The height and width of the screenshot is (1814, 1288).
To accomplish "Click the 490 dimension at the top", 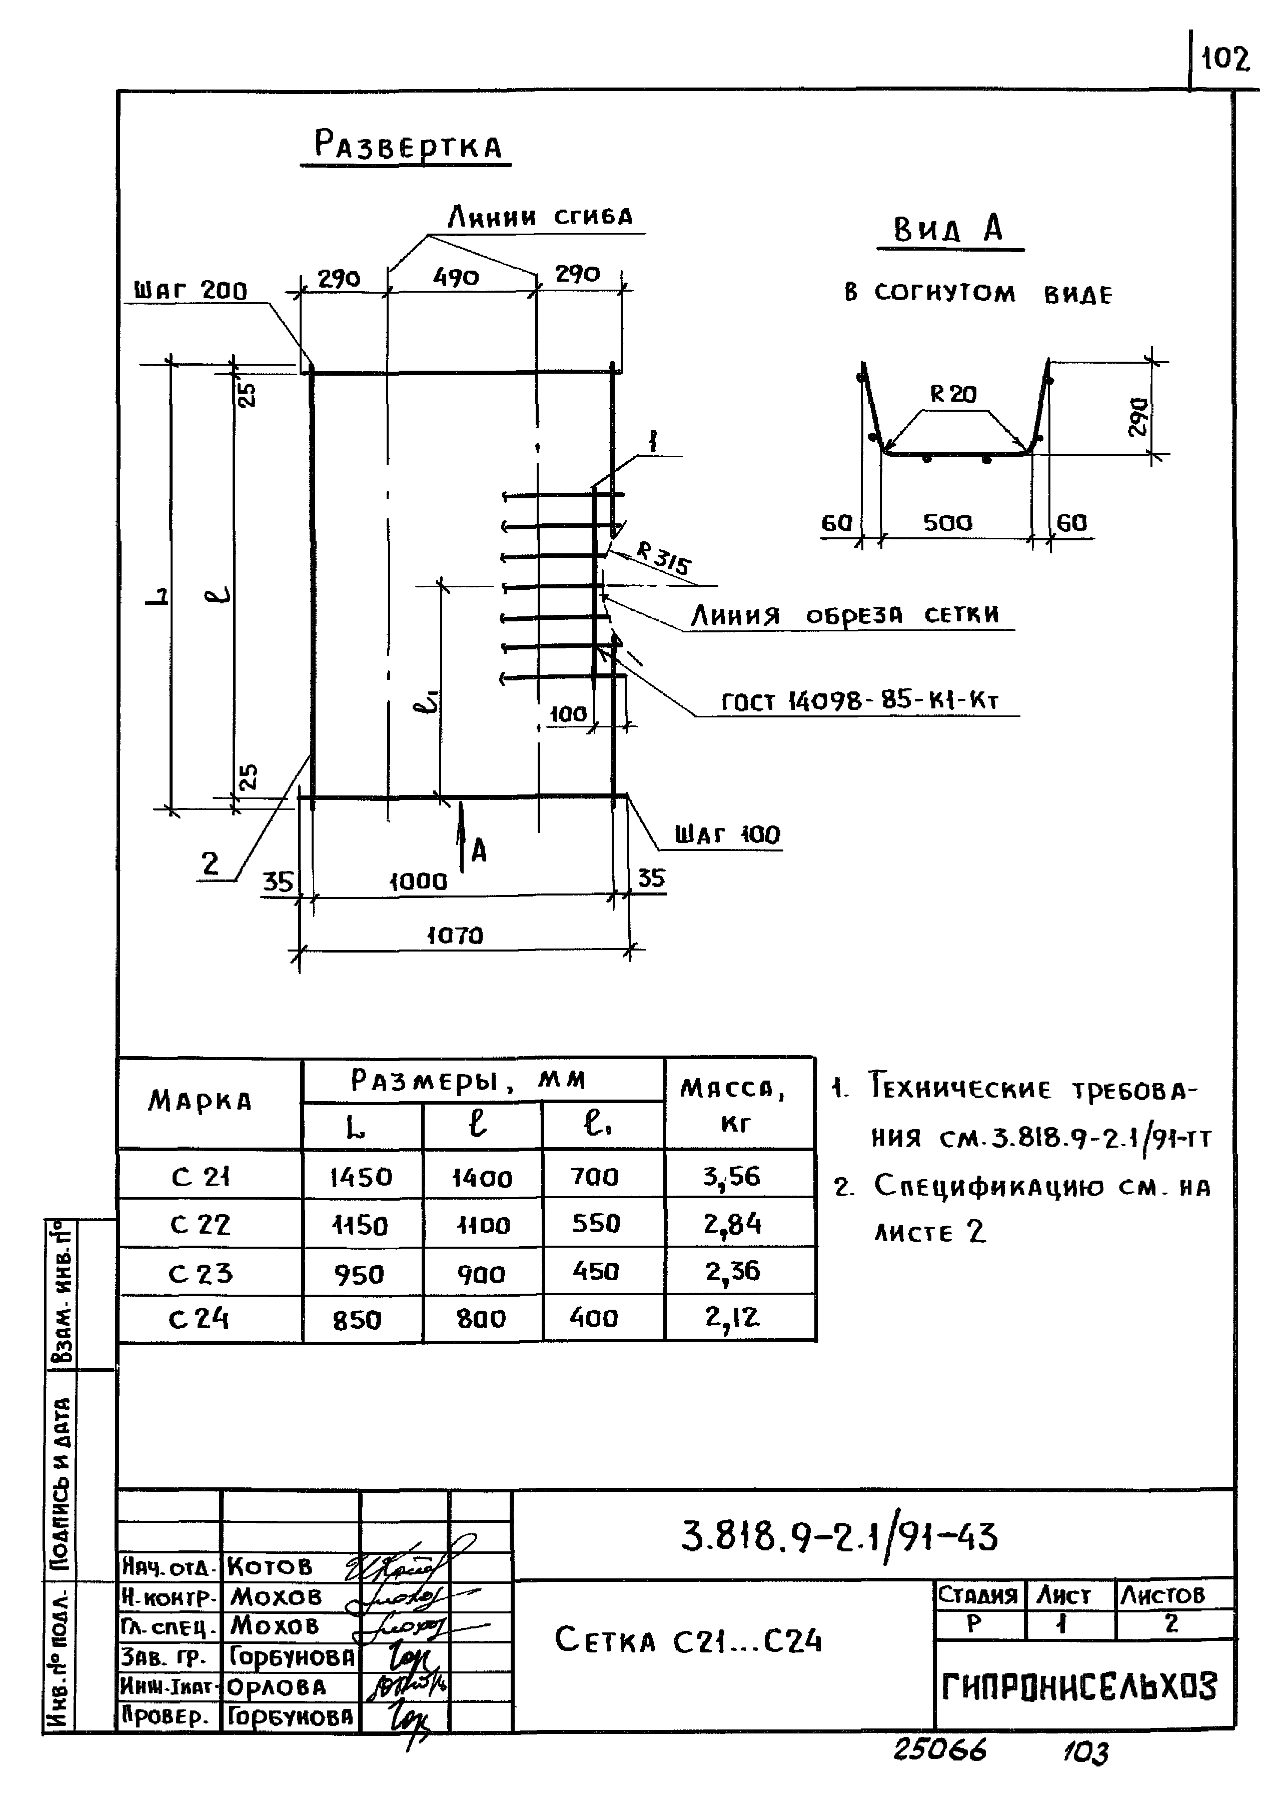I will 456,278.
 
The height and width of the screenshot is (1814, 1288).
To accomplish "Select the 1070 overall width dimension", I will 455,936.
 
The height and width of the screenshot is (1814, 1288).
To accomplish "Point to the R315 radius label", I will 663,558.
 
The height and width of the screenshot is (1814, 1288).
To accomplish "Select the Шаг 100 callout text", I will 727,834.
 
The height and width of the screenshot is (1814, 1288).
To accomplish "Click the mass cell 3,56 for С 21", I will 731,1176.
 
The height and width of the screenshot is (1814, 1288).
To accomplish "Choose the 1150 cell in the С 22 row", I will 360,1226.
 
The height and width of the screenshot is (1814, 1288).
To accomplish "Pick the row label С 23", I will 200,1274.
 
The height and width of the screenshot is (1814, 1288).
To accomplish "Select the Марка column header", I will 200,1101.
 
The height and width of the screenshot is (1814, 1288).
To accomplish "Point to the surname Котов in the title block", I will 270,1566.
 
